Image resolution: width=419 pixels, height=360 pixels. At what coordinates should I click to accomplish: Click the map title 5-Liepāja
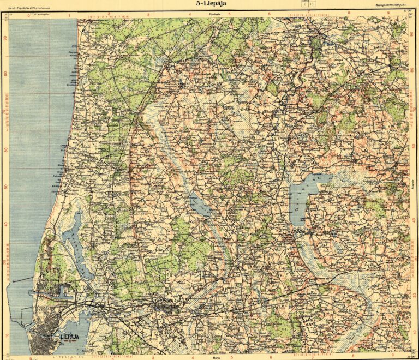point(212,4)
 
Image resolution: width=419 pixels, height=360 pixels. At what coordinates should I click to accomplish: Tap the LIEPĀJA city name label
point(66,337)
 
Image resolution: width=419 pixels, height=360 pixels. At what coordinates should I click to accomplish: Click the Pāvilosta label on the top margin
point(207,14)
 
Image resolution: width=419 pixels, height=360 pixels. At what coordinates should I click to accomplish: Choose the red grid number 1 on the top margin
point(69,15)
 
